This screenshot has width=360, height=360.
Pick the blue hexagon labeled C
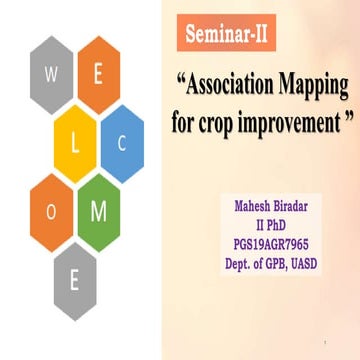click(122, 142)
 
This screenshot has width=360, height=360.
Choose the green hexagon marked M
click(98, 212)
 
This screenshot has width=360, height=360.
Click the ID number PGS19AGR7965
click(280, 244)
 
